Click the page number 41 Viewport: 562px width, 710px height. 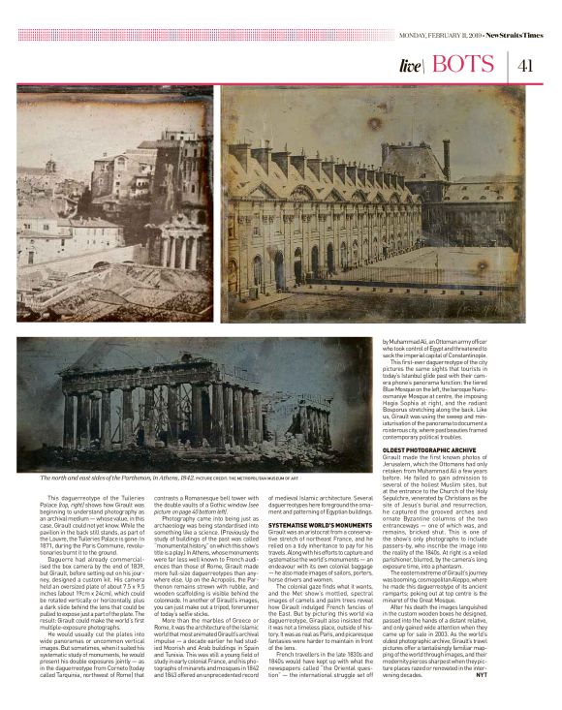[527, 66]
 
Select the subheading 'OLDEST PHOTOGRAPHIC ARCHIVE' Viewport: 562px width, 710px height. [422, 422]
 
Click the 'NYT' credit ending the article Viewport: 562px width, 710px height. [517, 672]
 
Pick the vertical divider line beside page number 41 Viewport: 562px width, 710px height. [508, 66]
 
